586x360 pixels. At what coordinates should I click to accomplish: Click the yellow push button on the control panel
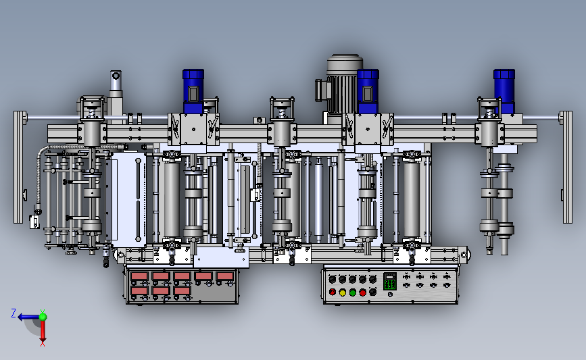(342, 292)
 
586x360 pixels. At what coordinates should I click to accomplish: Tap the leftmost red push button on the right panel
(333, 292)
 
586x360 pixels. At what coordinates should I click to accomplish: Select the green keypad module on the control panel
(390, 282)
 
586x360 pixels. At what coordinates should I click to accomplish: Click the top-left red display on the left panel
(139, 276)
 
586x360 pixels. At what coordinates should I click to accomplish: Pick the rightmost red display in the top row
(225, 276)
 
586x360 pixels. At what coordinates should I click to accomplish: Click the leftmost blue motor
(193, 91)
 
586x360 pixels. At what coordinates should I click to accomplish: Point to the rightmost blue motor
(504, 91)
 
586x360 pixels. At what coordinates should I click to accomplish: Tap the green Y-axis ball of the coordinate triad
(43, 317)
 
